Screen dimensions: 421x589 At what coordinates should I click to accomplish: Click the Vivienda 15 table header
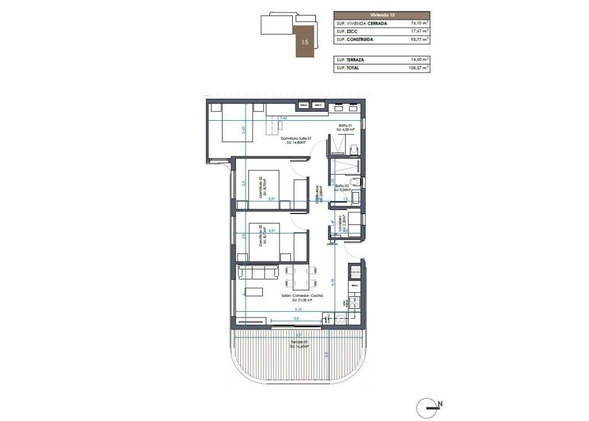381,16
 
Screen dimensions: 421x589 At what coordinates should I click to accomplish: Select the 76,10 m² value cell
418,24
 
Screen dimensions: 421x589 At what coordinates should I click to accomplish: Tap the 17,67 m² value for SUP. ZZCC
418,32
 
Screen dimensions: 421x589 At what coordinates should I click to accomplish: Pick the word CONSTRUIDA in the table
359,40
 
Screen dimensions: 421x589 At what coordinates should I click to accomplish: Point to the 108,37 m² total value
418,68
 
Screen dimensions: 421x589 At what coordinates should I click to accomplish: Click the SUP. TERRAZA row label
350,59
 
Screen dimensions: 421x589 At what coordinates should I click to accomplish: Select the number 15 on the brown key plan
305,42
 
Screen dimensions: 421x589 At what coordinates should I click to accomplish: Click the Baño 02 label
343,186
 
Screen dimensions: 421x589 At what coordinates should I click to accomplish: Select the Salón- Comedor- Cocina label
301,296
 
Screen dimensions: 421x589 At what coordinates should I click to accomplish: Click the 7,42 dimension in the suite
282,118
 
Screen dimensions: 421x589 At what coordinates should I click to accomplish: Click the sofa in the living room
258,271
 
